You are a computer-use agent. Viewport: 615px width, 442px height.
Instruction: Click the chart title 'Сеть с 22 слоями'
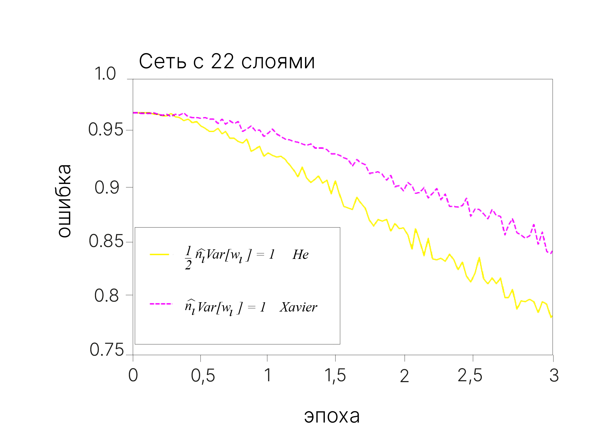(227, 62)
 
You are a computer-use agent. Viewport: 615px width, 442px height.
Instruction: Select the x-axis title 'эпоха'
(332, 416)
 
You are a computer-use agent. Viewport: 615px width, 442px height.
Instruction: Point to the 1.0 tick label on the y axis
(105, 74)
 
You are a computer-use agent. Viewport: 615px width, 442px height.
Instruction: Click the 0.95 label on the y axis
(106, 129)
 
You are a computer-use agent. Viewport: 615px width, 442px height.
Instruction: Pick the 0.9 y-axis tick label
(107, 187)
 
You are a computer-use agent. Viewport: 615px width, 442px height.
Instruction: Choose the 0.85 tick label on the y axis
(106, 241)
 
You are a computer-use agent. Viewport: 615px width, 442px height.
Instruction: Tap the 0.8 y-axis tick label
(107, 295)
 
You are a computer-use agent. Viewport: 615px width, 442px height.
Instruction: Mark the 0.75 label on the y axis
(107, 350)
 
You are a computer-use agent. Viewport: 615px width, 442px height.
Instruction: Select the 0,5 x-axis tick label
(203, 375)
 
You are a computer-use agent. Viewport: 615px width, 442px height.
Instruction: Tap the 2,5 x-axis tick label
(470, 375)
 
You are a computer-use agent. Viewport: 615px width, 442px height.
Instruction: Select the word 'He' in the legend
(300, 255)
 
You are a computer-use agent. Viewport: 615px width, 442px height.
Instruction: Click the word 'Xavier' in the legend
(298, 307)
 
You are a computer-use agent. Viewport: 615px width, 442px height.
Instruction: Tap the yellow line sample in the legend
(159, 254)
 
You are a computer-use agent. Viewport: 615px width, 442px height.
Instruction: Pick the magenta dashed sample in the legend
(161, 304)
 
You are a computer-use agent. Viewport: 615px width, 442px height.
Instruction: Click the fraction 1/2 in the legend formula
(188, 257)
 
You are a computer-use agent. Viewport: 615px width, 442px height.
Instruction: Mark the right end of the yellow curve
(551, 317)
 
